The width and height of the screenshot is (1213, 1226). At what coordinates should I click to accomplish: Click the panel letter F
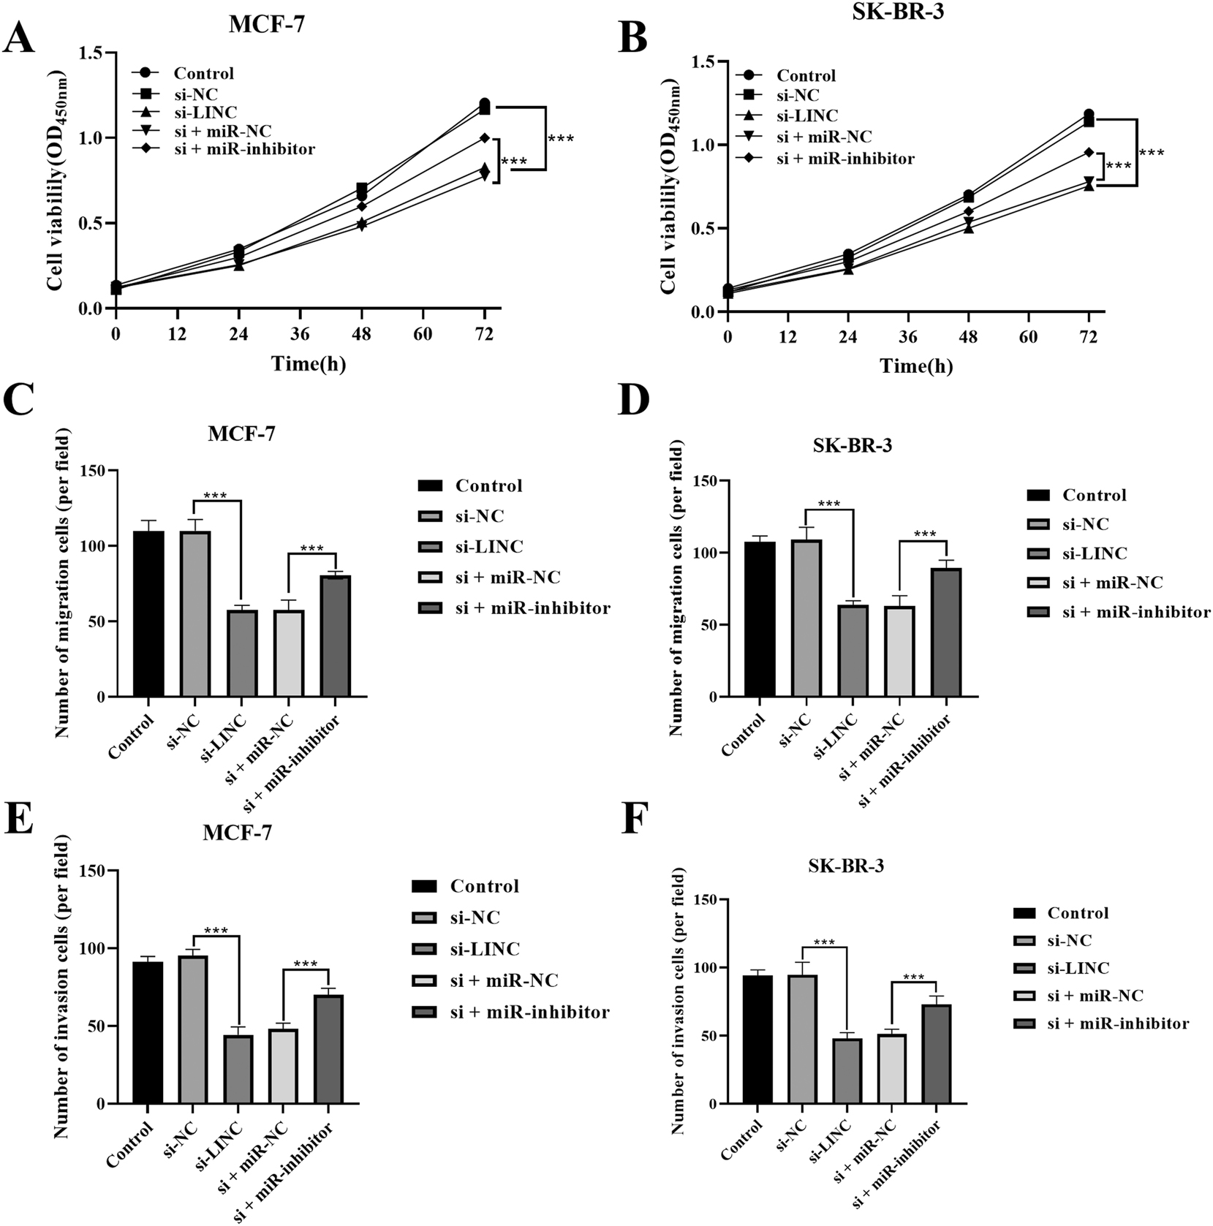[x=634, y=820]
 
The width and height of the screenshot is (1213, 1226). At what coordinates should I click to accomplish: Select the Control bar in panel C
[x=148, y=614]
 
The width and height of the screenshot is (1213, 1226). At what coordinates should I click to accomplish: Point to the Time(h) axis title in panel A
[x=309, y=363]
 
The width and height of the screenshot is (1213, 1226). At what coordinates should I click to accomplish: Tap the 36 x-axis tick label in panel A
[x=300, y=335]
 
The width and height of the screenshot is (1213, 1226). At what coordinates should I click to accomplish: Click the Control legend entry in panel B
[x=806, y=76]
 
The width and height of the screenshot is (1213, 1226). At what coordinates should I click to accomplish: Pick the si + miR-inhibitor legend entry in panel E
[x=529, y=1012]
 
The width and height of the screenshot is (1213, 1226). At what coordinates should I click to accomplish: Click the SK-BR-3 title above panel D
[x=852, y=445]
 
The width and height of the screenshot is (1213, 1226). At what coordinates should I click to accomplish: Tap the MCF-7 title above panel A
[x=266, y=24]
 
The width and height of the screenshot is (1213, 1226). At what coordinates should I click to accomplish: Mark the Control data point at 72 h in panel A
[x=484, y=103]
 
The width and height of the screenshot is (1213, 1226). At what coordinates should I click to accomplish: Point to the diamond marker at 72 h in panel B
[x=1089, y=152]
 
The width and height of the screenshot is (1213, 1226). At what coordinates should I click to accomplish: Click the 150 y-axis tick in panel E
[x=88, y=871]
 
